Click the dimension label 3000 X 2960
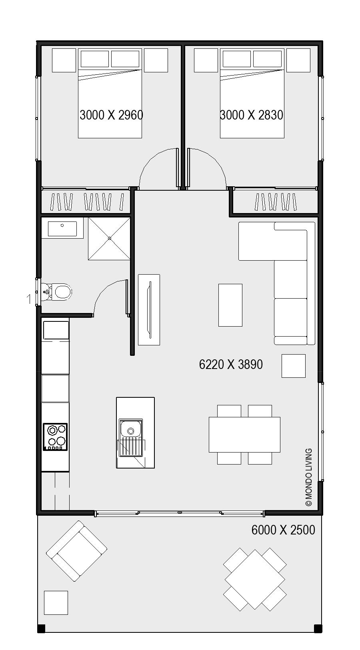click(x=111, y=115)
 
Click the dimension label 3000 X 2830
click(x=252, y=115)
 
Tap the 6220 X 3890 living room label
click(x=231, y=365)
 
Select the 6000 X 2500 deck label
click(x=283, y=530)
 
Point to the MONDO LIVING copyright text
click(x=308, y=477)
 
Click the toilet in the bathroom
click(x=60, y=292)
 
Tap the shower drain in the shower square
click(x=109, y=238)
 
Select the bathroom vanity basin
click(x=62, y=229)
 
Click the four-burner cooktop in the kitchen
click(x=55, y=437)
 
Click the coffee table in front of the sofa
click(x=230, y=305)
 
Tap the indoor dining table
click(x=244, y=435)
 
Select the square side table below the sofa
click(x=293, y=366)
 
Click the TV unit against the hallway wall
click(x=149, y=309)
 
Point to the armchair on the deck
click(x=76, y=551)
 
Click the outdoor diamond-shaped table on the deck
click(x=255, y=579)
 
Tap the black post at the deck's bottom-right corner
click(x=318, y=629)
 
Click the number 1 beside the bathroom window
click(x=28, y=299)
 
